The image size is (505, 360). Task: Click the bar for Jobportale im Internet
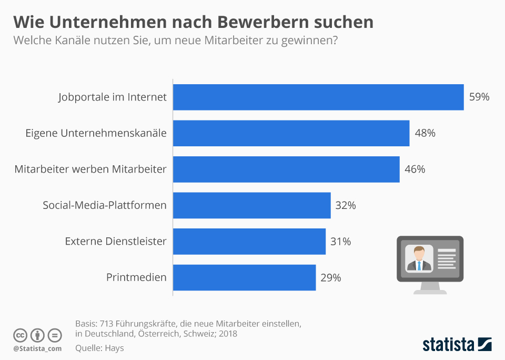318,97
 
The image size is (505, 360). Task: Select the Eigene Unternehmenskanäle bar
291,133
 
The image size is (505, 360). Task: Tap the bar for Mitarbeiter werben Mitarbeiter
286,169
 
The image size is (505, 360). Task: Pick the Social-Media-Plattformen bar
251,205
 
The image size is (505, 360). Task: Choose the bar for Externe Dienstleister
249,242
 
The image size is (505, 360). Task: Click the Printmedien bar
244,277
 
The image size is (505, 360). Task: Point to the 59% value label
479,97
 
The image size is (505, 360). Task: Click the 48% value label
425,133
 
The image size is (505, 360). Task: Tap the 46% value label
415,169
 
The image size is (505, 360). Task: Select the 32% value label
346,205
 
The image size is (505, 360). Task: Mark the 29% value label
331,277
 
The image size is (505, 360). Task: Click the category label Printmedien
136,277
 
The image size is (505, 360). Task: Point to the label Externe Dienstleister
116,242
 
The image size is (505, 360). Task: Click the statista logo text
448,345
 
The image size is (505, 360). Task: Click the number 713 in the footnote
109,323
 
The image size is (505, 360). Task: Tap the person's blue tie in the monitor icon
419,265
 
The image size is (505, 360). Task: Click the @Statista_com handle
37,348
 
